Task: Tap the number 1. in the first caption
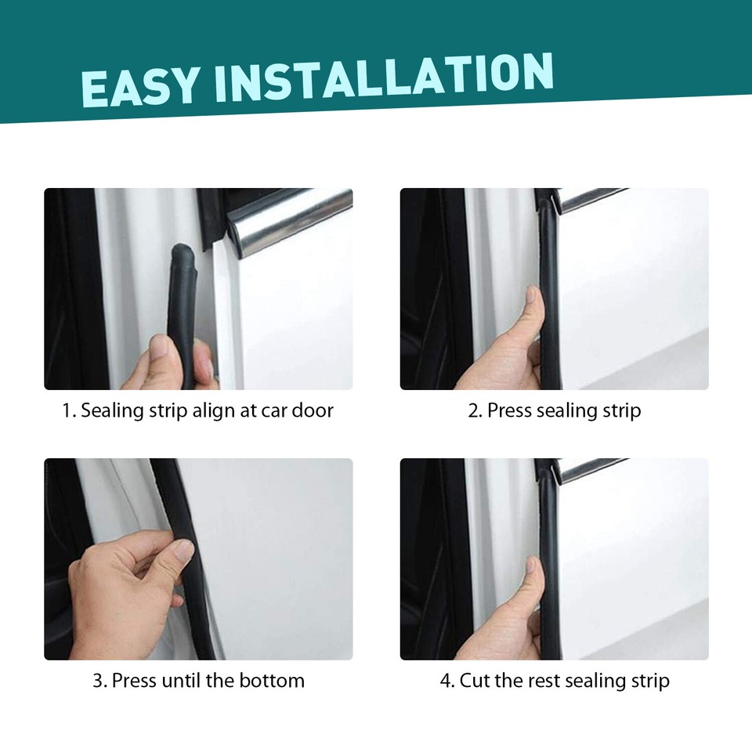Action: (69, 410)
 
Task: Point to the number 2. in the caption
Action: (475, 410)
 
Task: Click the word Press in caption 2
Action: (510, 410)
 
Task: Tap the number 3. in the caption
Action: (99, 681)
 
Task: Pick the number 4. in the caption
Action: (447, 681)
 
